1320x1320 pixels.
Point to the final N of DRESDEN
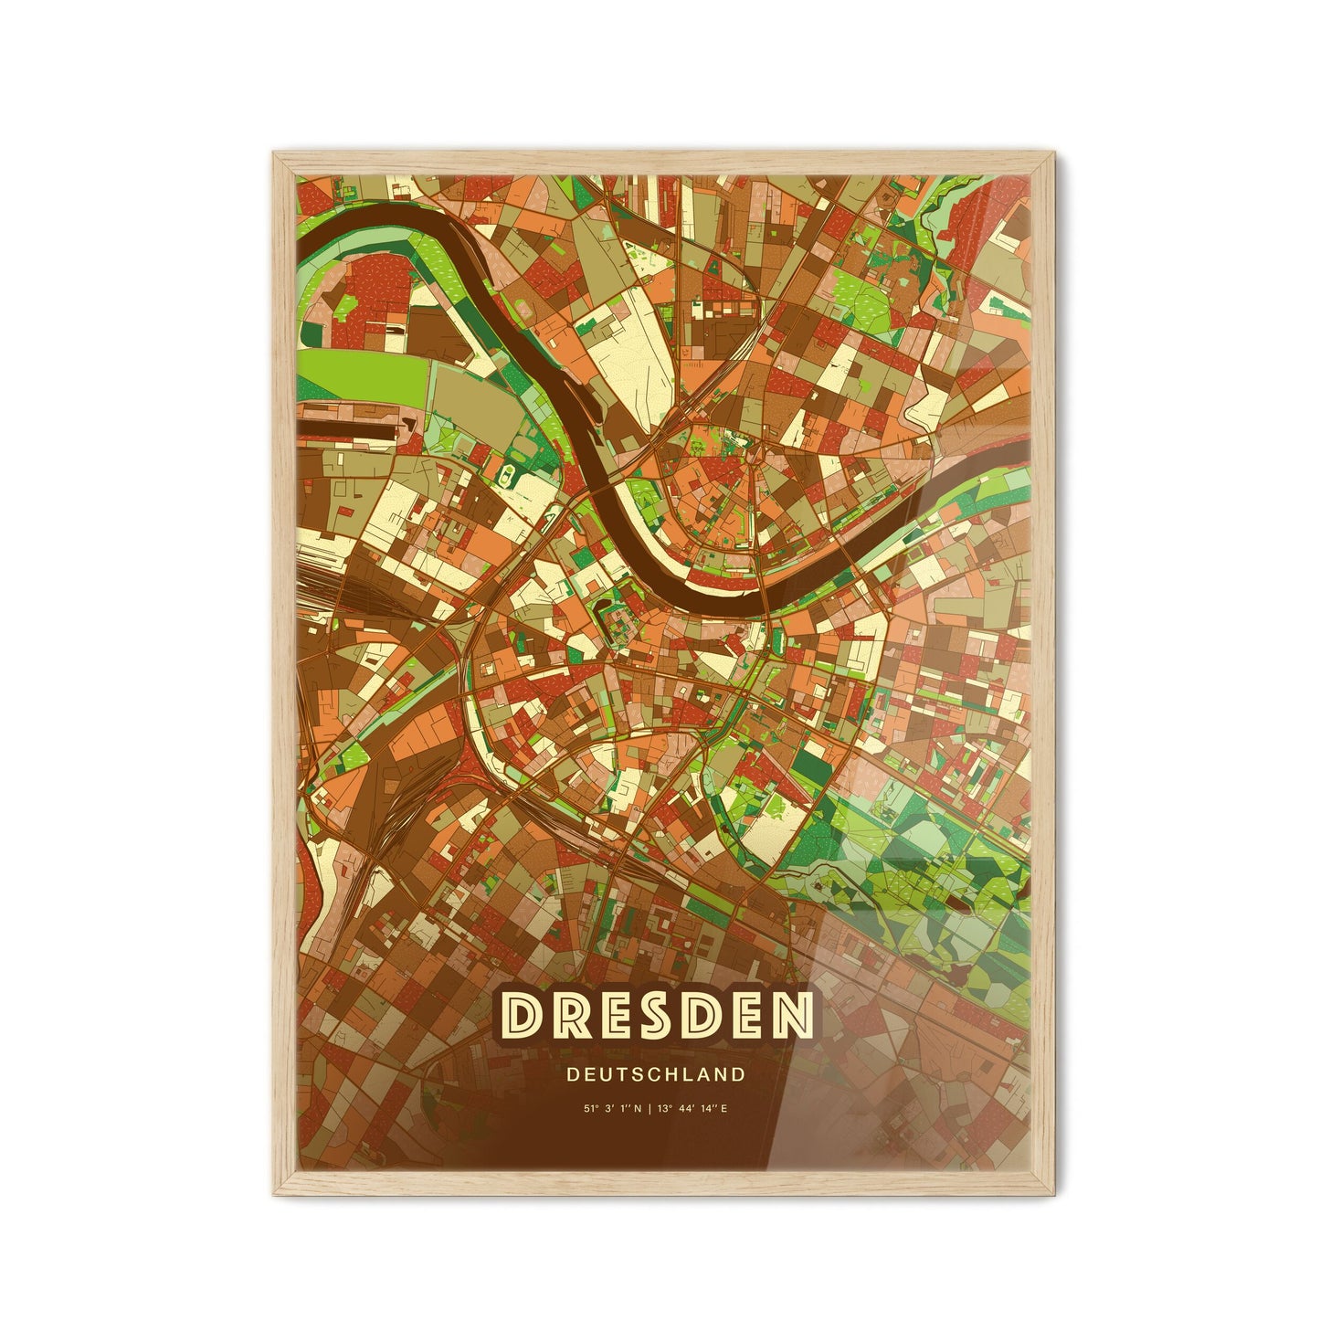[x=791, y=1016]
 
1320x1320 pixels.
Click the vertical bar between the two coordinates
[x=649, y=1108]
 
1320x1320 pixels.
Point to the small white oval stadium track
[x=506, y=473]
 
